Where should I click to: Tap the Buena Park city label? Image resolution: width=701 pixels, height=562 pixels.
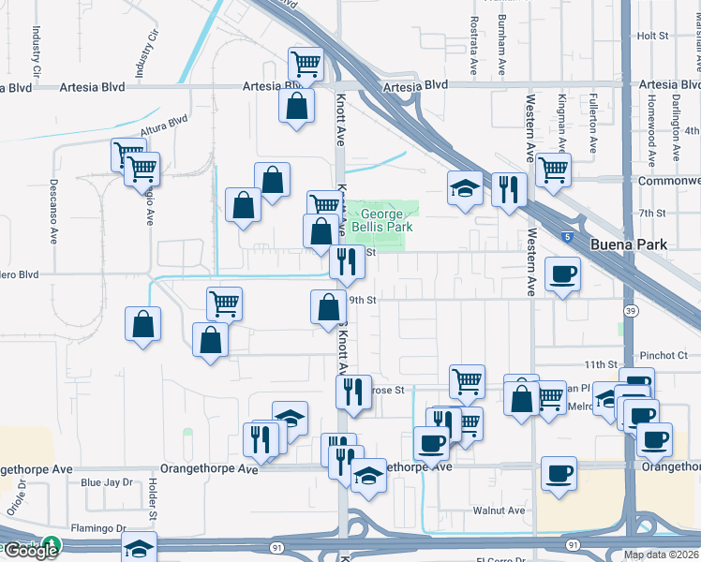(628, 244)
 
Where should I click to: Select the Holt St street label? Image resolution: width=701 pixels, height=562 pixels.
(650, 36)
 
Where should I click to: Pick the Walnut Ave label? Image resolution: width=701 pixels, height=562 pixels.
(499, 510)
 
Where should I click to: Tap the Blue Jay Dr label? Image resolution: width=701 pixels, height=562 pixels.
(107, 482)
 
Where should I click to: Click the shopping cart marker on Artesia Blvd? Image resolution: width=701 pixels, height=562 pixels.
(306, 64)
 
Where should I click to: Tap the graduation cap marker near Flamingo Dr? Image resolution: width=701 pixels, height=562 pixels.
(140, 548)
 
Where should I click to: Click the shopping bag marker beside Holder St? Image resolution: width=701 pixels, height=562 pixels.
(142, 324)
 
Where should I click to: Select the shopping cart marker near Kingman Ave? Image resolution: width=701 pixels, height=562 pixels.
(553, 170)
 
